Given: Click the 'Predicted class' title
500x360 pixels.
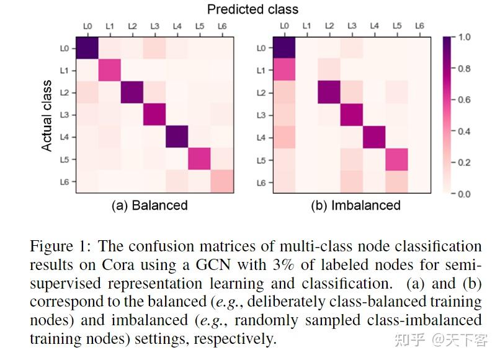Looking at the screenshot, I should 252,9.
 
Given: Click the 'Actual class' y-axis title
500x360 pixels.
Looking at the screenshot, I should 47,115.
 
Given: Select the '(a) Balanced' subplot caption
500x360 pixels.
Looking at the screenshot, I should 149,205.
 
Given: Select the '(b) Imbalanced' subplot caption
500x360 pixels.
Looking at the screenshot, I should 355,205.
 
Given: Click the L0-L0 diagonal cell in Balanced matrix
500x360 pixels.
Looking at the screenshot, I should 87,48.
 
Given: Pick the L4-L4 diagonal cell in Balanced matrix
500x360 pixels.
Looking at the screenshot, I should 176,137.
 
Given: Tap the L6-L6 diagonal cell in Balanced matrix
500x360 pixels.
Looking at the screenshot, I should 221,182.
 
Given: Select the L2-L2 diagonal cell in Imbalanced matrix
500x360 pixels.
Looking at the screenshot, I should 329,92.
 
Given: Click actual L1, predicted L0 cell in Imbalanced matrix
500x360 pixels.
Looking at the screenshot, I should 285,70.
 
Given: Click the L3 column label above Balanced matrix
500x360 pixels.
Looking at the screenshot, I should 154,27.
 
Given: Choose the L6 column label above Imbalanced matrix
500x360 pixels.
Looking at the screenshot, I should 419,27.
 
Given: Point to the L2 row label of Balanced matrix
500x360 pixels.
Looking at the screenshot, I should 65,92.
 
